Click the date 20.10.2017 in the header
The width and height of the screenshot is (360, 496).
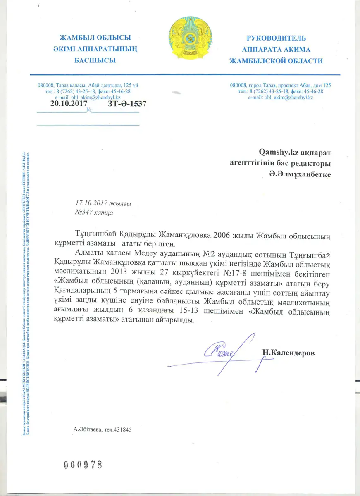(68, 104)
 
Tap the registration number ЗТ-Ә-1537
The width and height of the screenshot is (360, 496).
(127, 104)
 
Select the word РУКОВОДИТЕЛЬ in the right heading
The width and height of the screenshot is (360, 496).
(276, 38)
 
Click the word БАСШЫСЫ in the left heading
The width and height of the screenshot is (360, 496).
(95, 60)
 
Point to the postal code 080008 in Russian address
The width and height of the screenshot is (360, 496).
(238, 85)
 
